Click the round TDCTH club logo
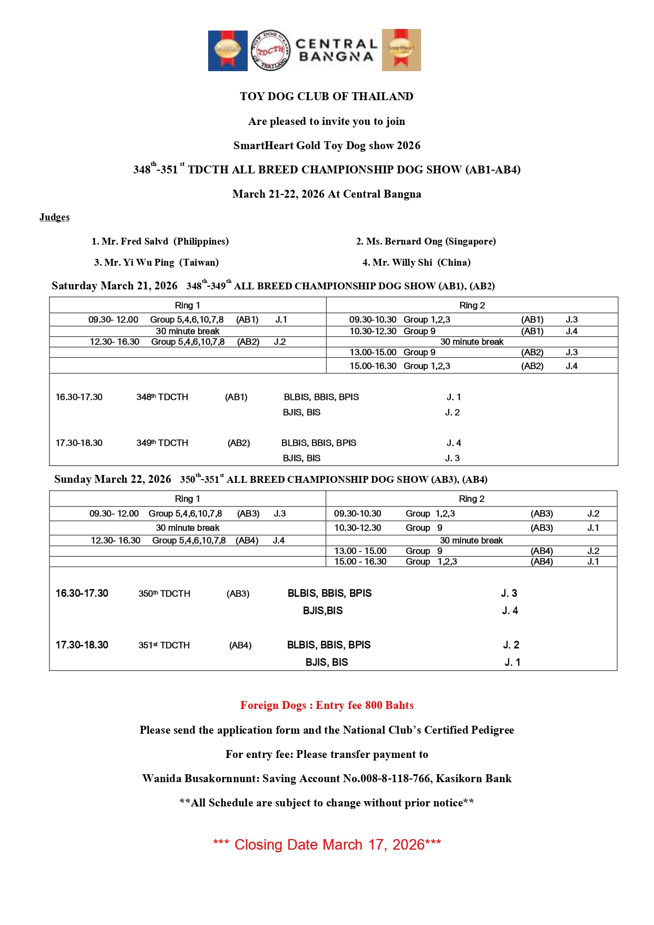270,50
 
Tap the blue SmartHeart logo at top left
228,51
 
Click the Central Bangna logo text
336,50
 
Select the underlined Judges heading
54,217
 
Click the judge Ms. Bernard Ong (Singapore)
426,241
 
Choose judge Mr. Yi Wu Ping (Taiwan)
156,262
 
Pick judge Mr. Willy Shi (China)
416,262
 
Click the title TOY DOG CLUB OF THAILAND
327,96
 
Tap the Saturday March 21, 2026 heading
114,286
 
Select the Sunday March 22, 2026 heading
113,479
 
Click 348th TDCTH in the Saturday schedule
162,397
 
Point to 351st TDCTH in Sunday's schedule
164,645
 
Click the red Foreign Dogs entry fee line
327,705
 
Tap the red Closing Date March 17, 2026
327,844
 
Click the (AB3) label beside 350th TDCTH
238,593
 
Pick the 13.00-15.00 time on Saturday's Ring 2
373,352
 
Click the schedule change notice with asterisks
327,803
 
